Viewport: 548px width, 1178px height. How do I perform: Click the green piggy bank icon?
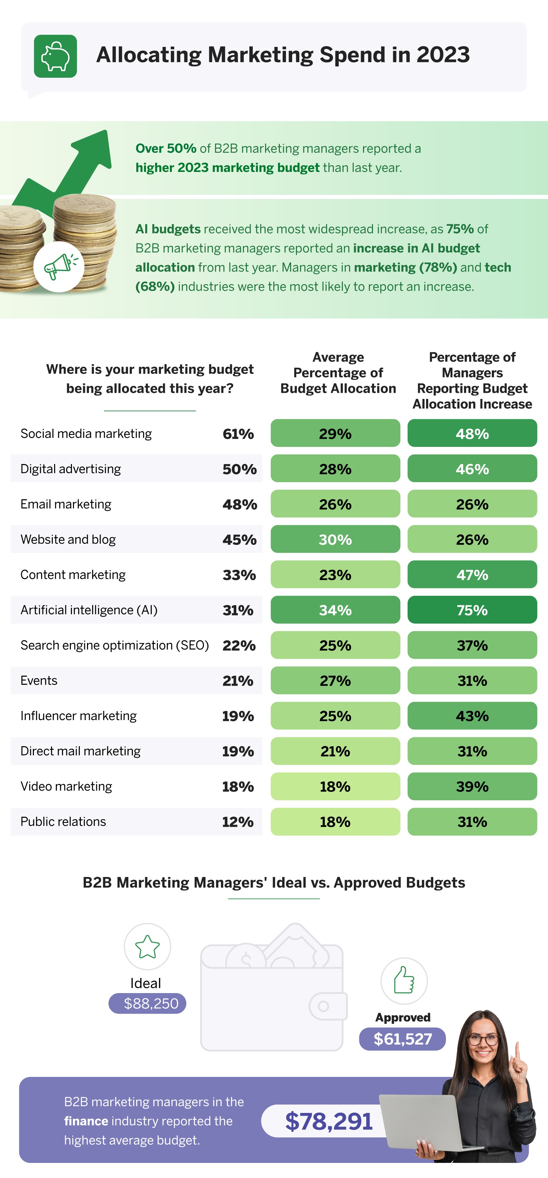point(55,56)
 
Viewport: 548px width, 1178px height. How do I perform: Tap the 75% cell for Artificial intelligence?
point(472,610)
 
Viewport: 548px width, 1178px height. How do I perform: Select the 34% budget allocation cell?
point(335,610)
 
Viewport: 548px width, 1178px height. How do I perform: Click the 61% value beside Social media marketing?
point(238,434)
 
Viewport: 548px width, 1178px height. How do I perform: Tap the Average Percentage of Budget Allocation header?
point(338,373)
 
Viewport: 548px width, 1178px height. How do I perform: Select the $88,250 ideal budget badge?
point(147,1003)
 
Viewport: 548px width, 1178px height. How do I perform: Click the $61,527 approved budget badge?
point(402,1039)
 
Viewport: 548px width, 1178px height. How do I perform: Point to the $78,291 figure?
point(328,1121)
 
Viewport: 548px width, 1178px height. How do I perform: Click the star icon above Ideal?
point(147,946)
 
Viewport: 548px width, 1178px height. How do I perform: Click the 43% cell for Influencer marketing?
point(472,716)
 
